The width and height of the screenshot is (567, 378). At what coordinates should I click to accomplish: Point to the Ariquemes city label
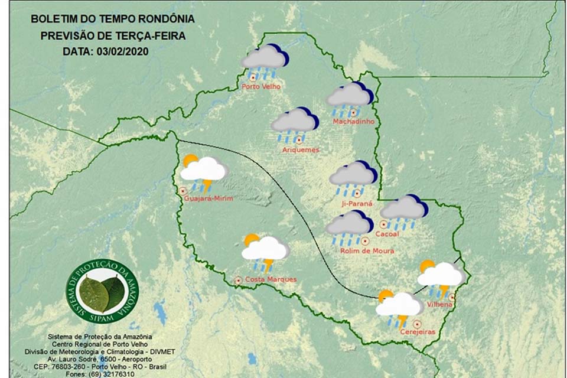[x=301, y=150]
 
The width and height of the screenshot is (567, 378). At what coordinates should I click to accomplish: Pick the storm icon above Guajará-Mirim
[x=203, y=172]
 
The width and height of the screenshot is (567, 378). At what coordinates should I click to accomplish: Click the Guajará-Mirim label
[x=208, y=198]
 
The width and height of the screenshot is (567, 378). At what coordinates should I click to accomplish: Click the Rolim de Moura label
[x=367, y=250]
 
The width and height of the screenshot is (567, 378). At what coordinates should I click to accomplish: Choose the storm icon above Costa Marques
[x=265, y=252]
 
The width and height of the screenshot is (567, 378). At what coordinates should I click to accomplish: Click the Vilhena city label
[x=439, y=304]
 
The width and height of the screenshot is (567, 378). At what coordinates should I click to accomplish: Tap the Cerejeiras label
[x=417, y=332]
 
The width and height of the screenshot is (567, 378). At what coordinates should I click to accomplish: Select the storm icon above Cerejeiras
[x=399, y=308]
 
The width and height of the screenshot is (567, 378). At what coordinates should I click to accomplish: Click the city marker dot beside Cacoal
[x=383, y=224]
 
